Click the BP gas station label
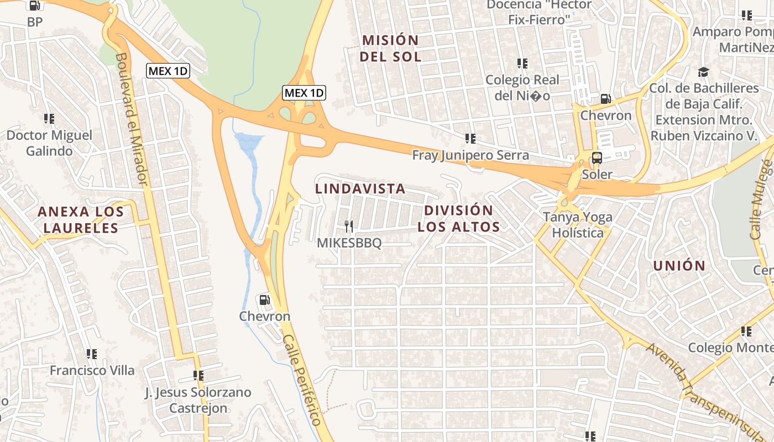coord(34,22)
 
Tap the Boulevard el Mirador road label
coord(131,118)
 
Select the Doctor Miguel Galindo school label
coord(49,143)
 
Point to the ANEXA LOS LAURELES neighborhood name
coord(78,219)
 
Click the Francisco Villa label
coord(92,370)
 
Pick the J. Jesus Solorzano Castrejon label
coord(198,400)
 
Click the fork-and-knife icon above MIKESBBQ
coord(348,226)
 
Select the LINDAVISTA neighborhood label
coord(360,189)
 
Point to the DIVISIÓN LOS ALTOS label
coord(458,218)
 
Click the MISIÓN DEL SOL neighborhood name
coord(390,48)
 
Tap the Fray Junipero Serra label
coord(470,155)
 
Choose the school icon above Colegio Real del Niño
coord(522,64)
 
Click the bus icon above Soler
coord(597,157)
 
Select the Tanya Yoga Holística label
coord(578,224)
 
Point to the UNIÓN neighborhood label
coord(679,266)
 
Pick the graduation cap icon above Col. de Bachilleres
coord(703,72)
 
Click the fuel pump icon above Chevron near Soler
coord(605,99)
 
